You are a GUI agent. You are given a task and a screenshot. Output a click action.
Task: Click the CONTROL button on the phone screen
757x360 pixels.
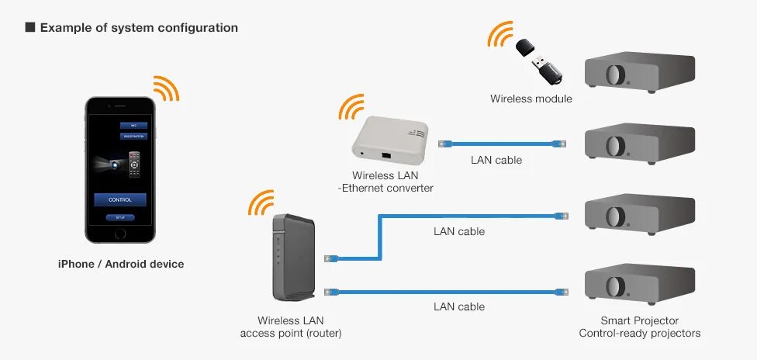(120, 199)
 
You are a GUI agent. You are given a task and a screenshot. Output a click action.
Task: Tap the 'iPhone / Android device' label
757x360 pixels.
(121, 264)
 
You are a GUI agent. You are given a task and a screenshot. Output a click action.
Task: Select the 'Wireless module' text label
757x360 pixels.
(531, 99)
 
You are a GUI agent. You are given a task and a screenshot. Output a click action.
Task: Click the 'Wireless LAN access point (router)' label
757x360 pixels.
(291, 327)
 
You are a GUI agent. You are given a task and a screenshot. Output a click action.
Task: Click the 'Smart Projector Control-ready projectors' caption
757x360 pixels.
(640, 327)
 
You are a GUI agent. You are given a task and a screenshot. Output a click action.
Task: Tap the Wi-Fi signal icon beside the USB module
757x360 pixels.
(500, 35)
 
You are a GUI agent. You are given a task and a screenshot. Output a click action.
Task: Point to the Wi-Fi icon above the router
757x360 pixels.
(261, 203)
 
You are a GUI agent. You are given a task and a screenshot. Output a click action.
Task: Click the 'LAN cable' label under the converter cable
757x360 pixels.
(496, 160)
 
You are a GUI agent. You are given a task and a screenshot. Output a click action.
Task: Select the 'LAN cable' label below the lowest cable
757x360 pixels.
(459, 306)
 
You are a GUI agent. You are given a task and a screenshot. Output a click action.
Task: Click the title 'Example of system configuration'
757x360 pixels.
(139, 28)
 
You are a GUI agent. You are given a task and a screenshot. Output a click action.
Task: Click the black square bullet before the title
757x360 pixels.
(30, 28)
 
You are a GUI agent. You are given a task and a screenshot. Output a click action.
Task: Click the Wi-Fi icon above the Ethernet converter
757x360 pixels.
(352, 107)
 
